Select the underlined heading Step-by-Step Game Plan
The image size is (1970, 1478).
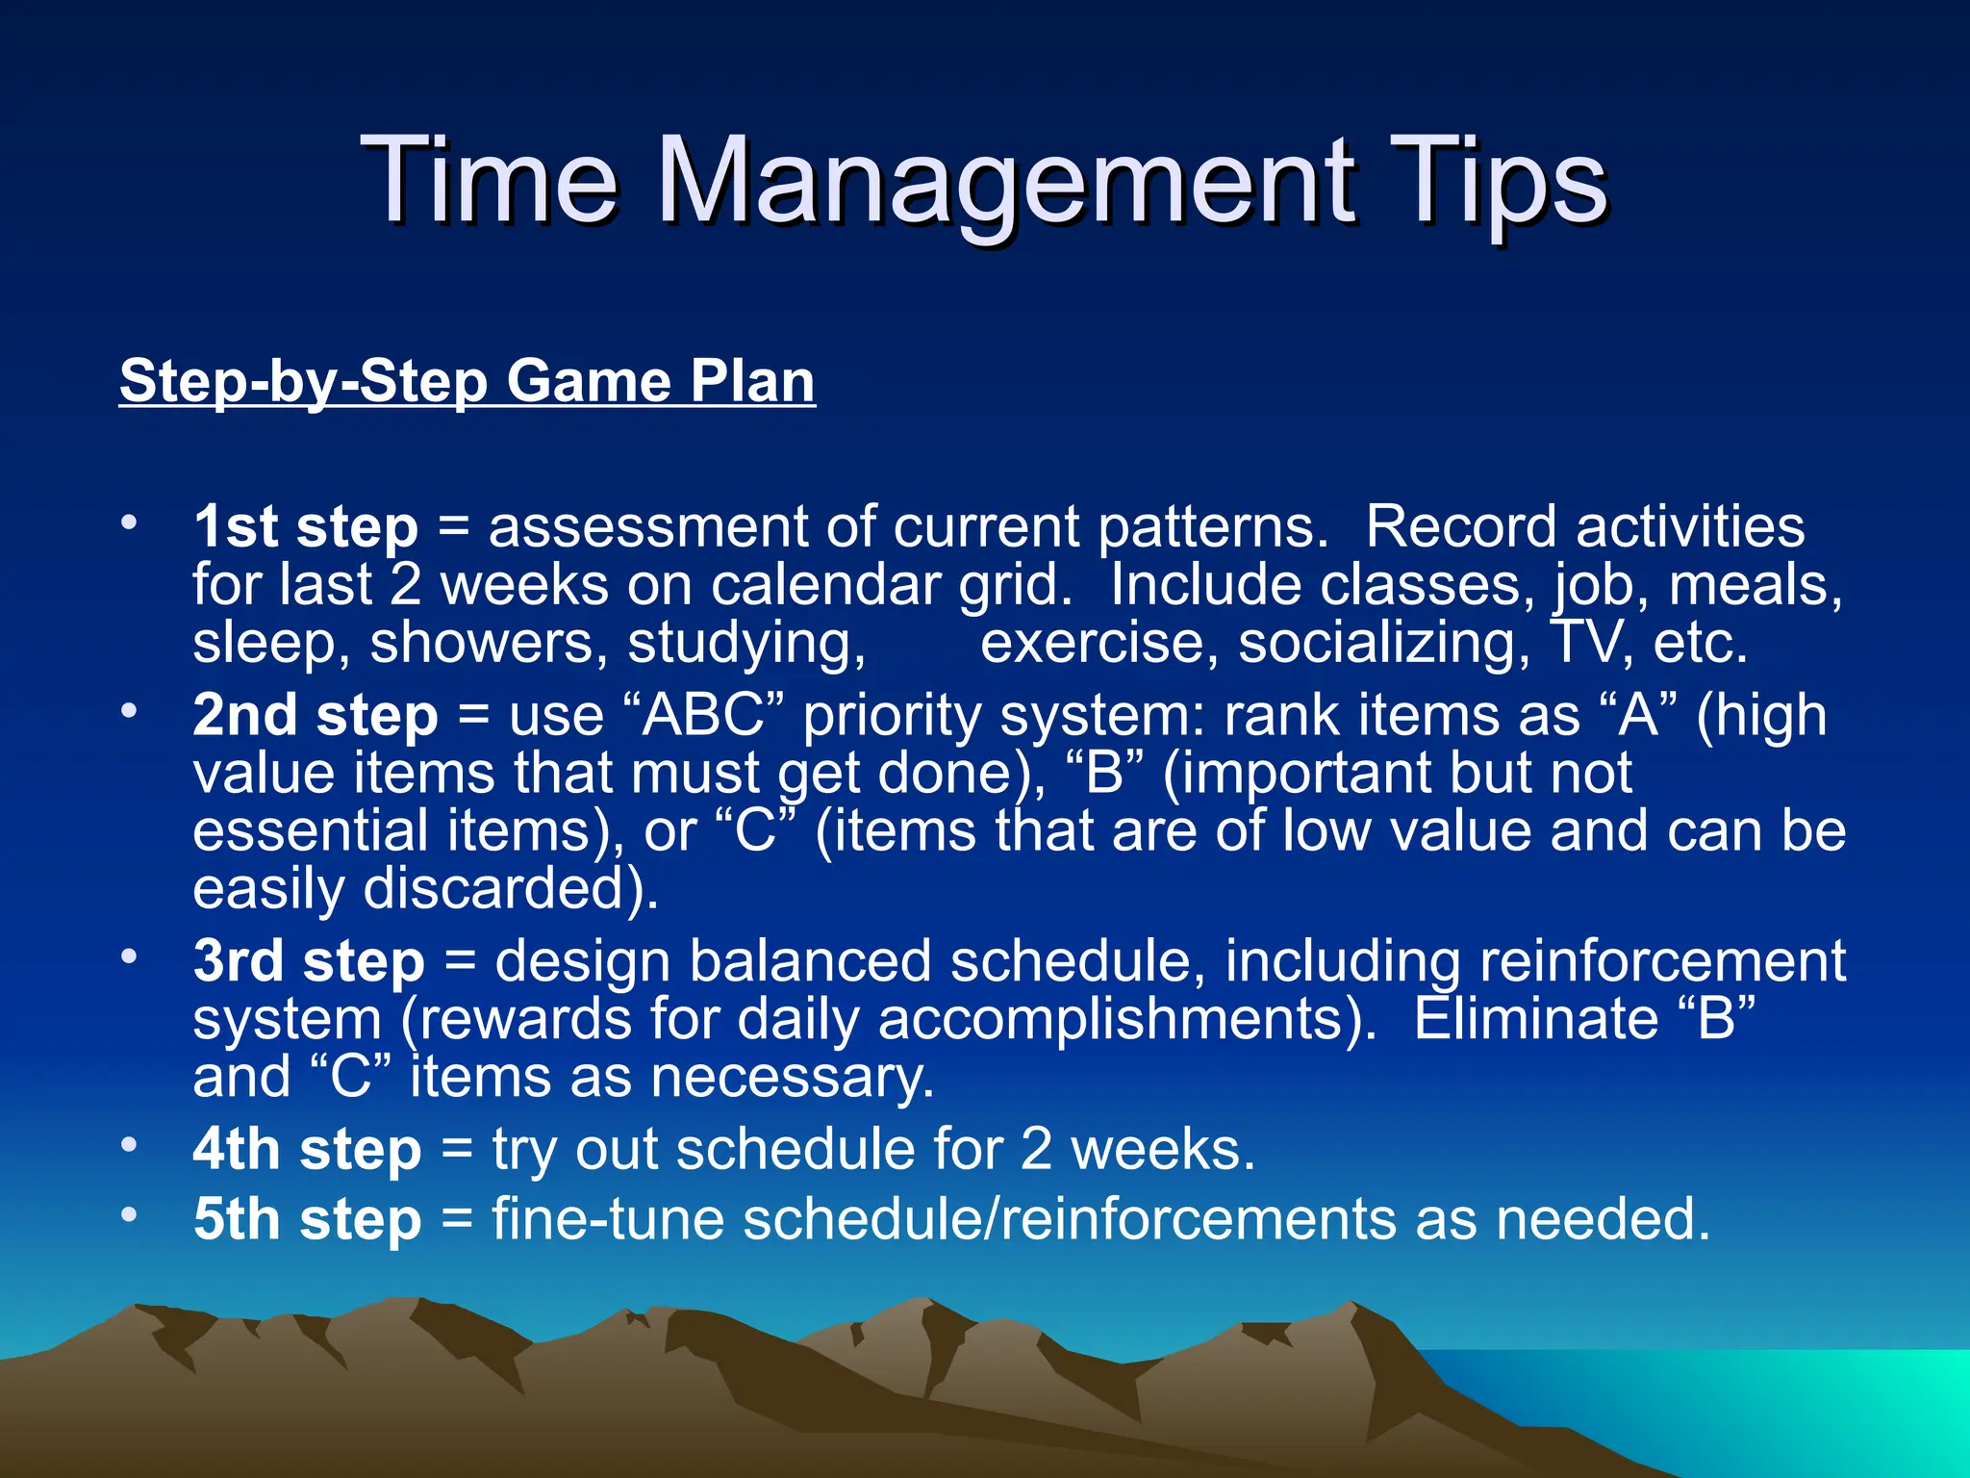(467, 381)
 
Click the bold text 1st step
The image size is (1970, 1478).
(305, 527)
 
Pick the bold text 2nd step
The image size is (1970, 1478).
(315, 716)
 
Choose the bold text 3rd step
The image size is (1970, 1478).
(308, 961)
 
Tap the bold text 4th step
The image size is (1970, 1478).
(307, 1149)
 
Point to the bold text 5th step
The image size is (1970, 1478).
(307, 1219)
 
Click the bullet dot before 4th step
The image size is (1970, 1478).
(129, 1145)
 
